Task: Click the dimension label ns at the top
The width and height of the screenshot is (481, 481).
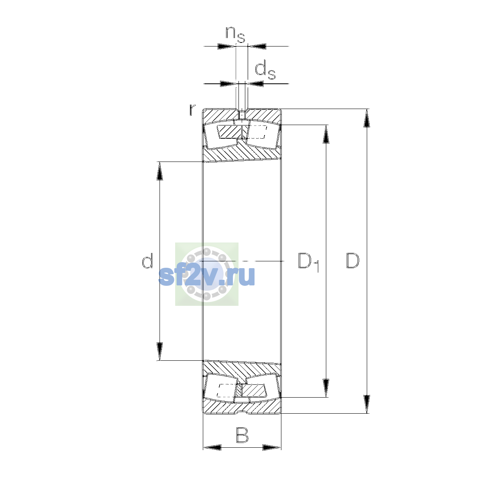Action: tap(235, 34)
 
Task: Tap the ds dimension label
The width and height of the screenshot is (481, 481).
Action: tap(265, 71)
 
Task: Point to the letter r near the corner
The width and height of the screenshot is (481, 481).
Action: tap(192, 110)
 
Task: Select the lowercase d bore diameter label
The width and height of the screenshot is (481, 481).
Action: tap(147, 261)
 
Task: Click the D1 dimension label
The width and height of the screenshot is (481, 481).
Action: tap(309, 262)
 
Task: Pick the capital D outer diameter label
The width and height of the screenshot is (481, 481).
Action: tap(353, 261)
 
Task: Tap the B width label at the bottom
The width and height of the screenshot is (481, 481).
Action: tap(243, 435)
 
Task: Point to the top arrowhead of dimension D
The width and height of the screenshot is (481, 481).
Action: tap(366, 118)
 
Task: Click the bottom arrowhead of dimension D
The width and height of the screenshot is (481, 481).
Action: tap(366, 404)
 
